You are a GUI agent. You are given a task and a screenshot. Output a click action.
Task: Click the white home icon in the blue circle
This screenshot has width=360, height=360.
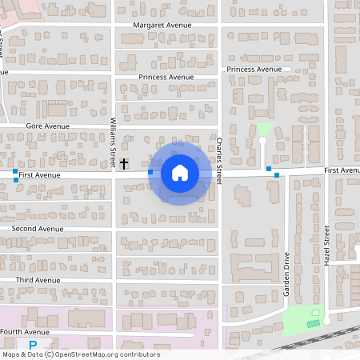click(x=180, y=173)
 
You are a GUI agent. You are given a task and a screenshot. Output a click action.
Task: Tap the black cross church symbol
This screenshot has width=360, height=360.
click(x=124, y=163)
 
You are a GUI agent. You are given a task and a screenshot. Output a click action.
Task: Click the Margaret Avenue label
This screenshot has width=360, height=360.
click(x=164, y=25)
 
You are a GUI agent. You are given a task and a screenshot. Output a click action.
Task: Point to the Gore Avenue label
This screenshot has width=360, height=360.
click(x=47, y=126)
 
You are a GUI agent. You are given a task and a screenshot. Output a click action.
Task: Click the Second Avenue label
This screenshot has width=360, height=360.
click(x=37, y=229)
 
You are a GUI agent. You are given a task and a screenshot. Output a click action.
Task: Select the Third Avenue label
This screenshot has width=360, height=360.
click(x=38, y=280)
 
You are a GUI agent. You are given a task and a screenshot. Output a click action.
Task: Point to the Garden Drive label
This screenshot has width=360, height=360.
click(x=286, y=274)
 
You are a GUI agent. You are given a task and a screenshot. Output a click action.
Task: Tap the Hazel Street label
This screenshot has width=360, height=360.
click(x=326, y=245)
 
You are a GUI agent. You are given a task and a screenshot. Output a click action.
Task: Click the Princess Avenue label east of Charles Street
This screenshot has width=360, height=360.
click(x=254, y=70)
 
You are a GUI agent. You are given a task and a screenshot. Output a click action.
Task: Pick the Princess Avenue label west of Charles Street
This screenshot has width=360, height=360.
click(x=166, y=77)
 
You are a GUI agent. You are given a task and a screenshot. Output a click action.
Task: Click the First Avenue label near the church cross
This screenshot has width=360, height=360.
click(x=40, y=174)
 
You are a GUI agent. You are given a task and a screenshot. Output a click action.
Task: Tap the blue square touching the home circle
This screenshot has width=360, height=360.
click(x=150, y=172)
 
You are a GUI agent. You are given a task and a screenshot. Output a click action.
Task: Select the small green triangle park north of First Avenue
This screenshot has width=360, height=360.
click(x=264, y=129)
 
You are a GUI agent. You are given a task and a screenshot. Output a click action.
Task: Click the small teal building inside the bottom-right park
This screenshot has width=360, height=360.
click(x=313, y=323)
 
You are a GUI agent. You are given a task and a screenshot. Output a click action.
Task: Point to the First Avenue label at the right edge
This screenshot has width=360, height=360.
click(x=342, y=170)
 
